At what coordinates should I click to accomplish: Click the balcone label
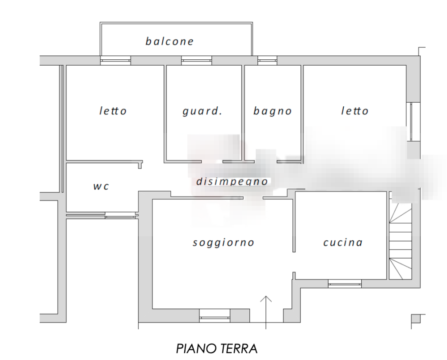(x=169, y=42)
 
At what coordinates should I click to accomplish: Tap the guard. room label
(x=202, y=111)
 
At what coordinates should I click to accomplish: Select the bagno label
(x=272, y=111)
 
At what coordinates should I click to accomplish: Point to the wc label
(x=101, y=186)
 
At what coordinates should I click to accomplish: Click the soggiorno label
(x=223, y=243)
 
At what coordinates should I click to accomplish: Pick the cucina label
(x=342, y=243)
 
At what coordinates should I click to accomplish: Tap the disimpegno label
(x=232, y=182)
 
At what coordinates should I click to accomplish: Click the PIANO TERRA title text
(x=217, y=347)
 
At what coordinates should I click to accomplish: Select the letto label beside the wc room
(x=113, y=111)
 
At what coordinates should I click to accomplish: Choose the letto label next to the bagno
(x=354, y=111)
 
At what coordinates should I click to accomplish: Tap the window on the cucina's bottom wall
(x=345, y=283)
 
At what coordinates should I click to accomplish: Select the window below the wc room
(x=121, y=216)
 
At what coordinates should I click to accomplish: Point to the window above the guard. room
(x=196, y=61)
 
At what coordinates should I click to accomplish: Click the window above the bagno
(x=267, y=61)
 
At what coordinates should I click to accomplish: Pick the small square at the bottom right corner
(x=416, y=318)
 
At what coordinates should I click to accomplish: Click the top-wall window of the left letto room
(x=115, y=61)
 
